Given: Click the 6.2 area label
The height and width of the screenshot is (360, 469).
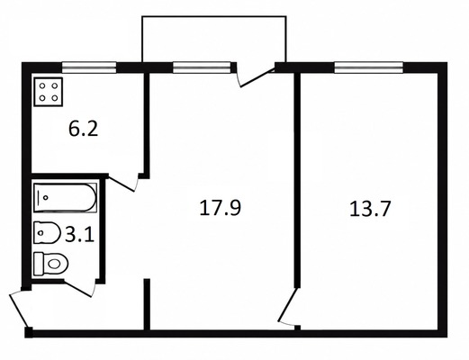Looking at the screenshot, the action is pyautogui.click(x=84, y=130).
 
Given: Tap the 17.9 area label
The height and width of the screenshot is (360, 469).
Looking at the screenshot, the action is pyautogui.click(x=220, y=208).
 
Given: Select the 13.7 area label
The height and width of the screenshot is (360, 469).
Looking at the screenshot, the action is pyautogui.click(x=370, y=209).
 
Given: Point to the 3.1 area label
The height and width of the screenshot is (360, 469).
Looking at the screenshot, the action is pyautogui.click(x=80, y=235).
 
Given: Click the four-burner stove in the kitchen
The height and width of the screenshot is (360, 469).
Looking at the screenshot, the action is pyautogui.click(x=49, y=92).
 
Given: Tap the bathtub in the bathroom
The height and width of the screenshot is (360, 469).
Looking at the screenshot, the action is pyautogui.click(x=65, y=198).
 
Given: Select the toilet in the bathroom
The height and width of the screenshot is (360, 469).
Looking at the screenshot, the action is pyautogui.click(x=50, y=264).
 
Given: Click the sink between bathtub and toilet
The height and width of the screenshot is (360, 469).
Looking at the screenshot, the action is pyautogui.click(x=47, y=232).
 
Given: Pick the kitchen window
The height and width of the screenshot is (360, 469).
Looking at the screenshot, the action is pyautogui.click(x=89, y=67).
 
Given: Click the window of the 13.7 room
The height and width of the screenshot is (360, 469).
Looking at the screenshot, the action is pyautogui.click(x=369, y=67).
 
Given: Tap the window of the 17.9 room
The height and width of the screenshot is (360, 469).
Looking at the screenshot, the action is pyautogui.click(x=202, y=67).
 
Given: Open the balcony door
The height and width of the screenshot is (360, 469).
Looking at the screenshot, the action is pyautogui.click(x=255, y=76).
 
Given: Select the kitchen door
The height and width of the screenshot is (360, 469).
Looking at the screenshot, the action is pyautogui.click(x=123, y=182).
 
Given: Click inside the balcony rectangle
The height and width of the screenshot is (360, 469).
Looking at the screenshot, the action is pyautogui.click(x=214, y=39).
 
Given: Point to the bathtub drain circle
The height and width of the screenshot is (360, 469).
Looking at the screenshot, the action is pyautogui.click(x=46, y=198).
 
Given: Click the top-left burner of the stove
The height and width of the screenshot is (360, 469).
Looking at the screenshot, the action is pyautogui.click(x=42, y=86).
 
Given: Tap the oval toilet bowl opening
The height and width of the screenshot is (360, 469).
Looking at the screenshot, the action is pyautogui.click(x=55, y=264).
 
